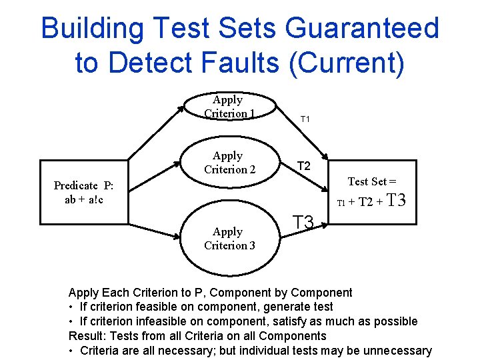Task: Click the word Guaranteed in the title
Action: coord(361,29)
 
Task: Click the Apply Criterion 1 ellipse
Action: coord(228,107)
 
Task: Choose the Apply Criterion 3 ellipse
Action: coord(229,238)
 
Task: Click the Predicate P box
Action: coord(83,192)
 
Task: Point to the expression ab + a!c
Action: coord(83,199)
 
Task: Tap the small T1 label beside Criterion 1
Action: coord(306,119)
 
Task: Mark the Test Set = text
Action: coord(372,181)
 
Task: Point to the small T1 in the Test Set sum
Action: coord(341,203)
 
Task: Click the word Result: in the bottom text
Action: coord(89,336)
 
